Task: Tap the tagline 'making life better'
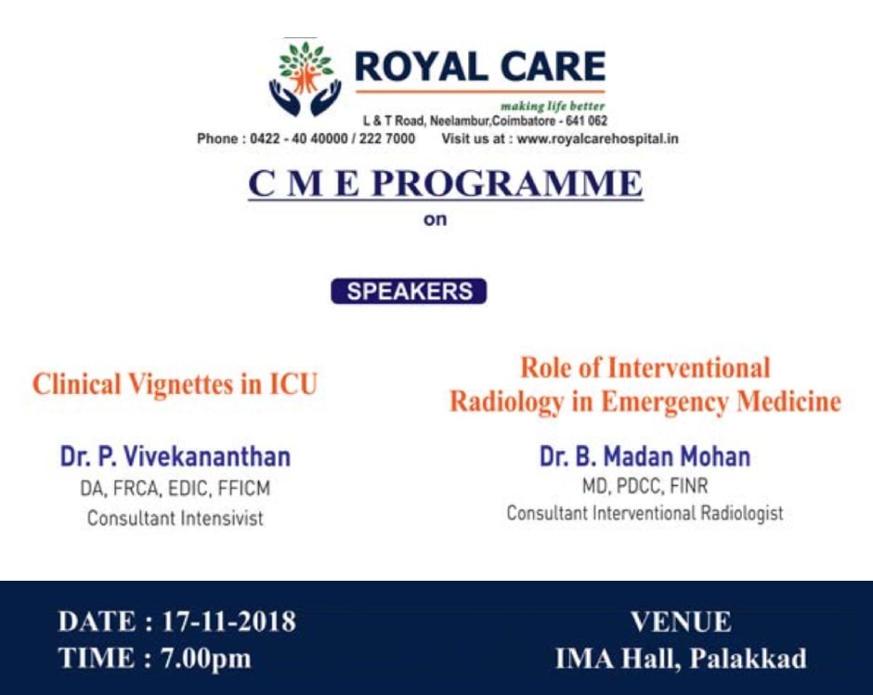click(x=552, y=106)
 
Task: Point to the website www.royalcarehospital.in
click(x=597, y=138)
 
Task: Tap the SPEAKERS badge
click(x=409, y=291)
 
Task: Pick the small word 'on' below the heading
click(x=435, y=219)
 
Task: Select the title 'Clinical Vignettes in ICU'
click(x=175, y=385)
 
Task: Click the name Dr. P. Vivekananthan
click(x=175, y=456)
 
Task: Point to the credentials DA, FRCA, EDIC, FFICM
click(x=175, y=489)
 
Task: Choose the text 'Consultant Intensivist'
click(x=175, y=518)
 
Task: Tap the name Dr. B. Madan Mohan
click(x=645, y=456)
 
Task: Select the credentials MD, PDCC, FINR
click(x=645, y=486)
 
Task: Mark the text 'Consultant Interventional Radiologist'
click(x=645, y=513)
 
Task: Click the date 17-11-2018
click(x=228, y=622)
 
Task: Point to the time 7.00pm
click(x=206, y=659)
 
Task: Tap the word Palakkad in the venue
click(x=749, y=659)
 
